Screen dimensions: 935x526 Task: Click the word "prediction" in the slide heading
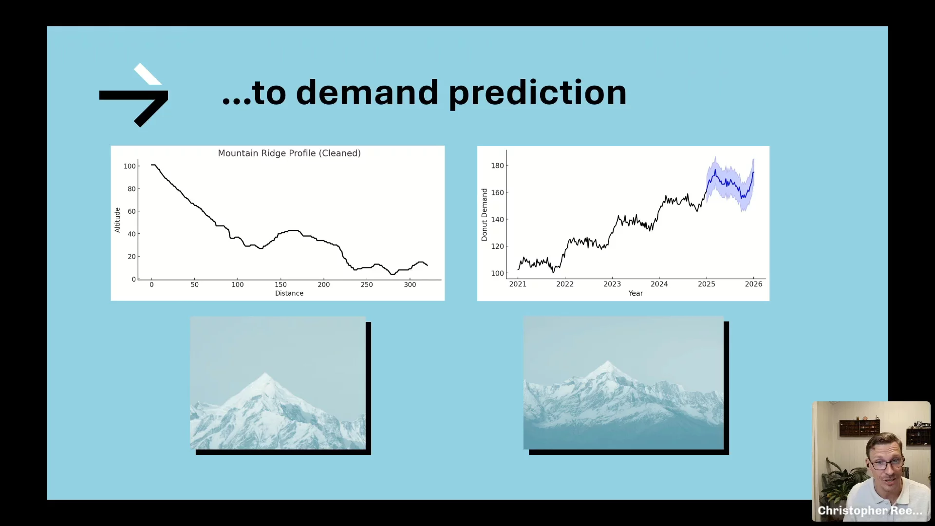point(537,93)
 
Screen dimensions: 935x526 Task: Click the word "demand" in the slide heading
point(367,92)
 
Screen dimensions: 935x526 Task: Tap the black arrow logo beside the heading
point(134,95)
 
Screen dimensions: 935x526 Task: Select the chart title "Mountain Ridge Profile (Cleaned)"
point(289,153)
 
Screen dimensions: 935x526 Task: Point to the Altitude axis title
point(117,220)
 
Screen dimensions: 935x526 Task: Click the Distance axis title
point(289,293)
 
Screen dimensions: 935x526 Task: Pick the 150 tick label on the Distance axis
point(280,284)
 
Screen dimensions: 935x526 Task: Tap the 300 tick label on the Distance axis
point(410,284)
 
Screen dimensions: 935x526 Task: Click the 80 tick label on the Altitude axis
point(131,189)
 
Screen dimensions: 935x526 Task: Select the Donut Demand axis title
point(485,215)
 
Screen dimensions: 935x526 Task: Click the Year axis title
point(636,293)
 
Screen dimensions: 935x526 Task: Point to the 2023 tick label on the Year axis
point(612,284)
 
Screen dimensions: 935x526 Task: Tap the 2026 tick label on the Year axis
point(753,284)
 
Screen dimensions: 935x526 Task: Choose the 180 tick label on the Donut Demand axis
point(497,166)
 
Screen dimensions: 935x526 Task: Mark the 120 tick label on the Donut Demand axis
point(497,246)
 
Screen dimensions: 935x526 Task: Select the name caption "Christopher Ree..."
point(870,510)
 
